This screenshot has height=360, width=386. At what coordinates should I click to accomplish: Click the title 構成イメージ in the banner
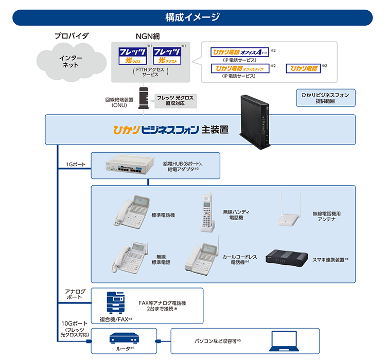[192, 17]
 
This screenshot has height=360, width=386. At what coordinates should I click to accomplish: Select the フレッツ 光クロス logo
[131, 56]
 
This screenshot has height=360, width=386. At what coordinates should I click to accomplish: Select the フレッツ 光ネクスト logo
[167, 56]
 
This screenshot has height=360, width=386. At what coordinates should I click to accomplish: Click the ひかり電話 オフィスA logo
[240, 52]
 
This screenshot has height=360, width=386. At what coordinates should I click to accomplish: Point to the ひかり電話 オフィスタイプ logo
[240, 68]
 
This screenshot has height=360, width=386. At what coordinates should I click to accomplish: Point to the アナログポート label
[75, 295]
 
